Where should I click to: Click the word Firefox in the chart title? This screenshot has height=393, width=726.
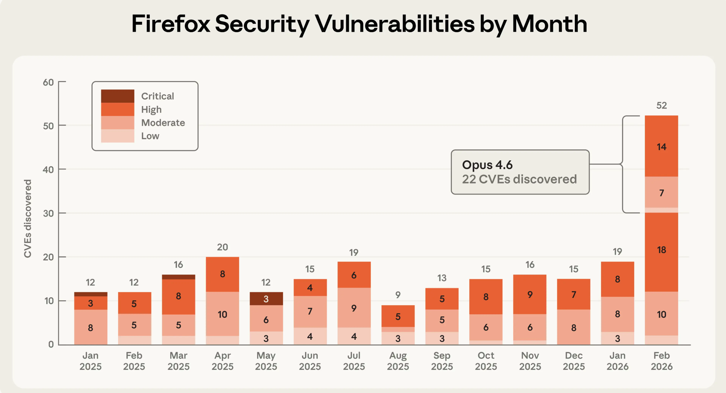171,24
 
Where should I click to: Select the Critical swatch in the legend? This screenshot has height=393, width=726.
118,96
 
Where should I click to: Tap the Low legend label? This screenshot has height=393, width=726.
150,136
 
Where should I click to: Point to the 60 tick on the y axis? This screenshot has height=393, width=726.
48,82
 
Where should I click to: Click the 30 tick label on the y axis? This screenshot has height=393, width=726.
48,214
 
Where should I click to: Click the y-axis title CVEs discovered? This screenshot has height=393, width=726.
27,219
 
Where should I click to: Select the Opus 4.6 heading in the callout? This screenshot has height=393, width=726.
487,165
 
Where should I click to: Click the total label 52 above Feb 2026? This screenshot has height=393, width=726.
661,105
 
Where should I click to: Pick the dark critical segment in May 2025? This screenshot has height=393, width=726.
266,299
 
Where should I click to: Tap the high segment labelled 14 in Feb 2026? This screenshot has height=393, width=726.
661,146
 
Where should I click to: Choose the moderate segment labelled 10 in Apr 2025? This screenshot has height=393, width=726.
222,314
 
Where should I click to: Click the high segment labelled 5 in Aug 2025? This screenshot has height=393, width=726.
398,316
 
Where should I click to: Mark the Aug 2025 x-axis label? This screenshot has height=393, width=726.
398,361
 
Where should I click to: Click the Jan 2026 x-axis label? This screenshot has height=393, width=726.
617,361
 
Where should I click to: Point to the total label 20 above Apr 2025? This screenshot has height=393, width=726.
222,247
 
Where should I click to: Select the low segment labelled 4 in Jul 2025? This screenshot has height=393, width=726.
354,336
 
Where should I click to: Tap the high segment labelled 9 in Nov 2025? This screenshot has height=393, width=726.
530,294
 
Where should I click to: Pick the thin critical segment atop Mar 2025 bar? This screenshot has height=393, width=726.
178,277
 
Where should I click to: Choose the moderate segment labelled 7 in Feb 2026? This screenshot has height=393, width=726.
661,192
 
